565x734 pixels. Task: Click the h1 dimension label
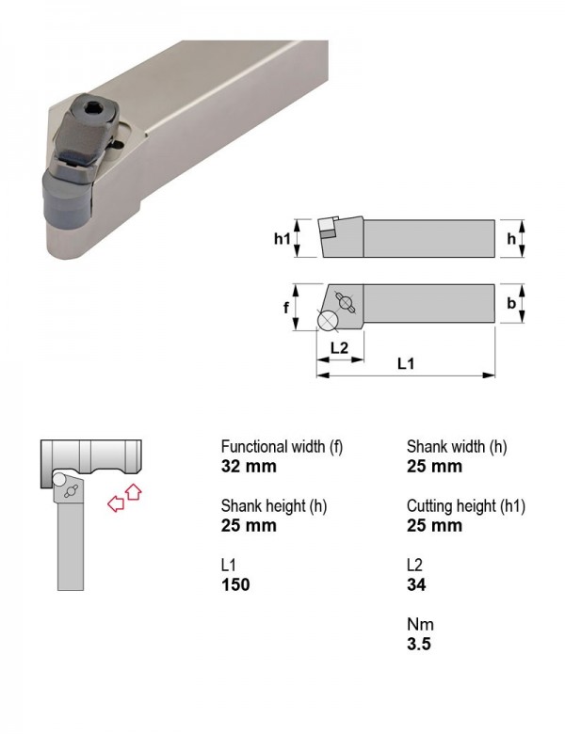coord(282,239)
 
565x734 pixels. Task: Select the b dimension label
coord(510,303)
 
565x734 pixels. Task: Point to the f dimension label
coord(285,308)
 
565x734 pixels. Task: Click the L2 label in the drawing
coord(339,348)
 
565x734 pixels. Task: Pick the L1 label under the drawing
coord(406,363)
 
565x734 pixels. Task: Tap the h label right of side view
coord(511,239)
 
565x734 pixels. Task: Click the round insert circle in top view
coord(328,321)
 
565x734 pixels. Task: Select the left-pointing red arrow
coord(116,504)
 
